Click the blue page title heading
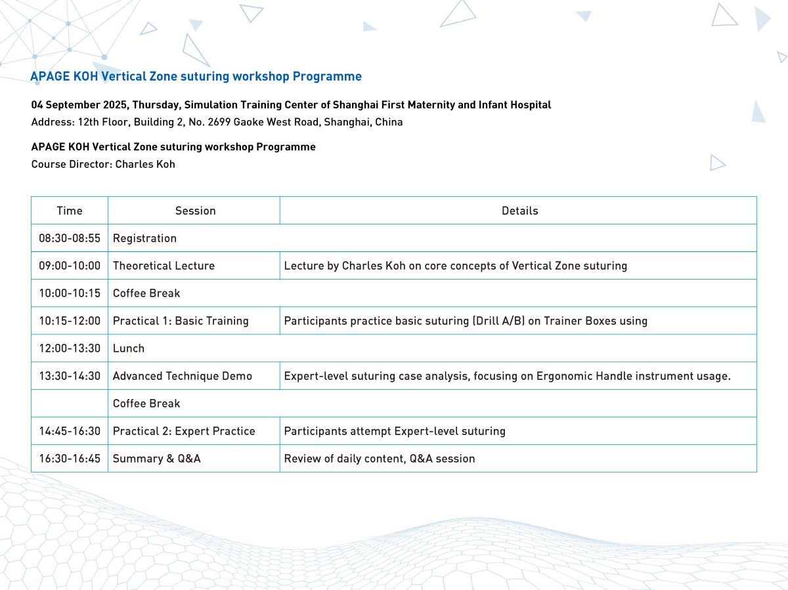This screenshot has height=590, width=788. coord(196,76)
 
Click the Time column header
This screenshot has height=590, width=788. coord(70,211)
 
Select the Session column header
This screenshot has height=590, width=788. coord(195,211)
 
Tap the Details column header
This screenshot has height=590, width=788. coord(520,211)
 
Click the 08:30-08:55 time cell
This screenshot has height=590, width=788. coord(70,238)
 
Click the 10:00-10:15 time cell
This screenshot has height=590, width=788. coord(70,293)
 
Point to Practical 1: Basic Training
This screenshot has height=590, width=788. coord(181,321)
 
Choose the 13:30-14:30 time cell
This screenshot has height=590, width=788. coord(70,376)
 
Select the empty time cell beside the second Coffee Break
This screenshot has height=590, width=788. coord(70,404)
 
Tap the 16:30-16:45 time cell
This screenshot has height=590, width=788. coord(70,459)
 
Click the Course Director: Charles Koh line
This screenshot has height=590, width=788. coord(103,164)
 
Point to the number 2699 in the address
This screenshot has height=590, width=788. coord(219,122)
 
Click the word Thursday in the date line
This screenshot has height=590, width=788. coord(156,105)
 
